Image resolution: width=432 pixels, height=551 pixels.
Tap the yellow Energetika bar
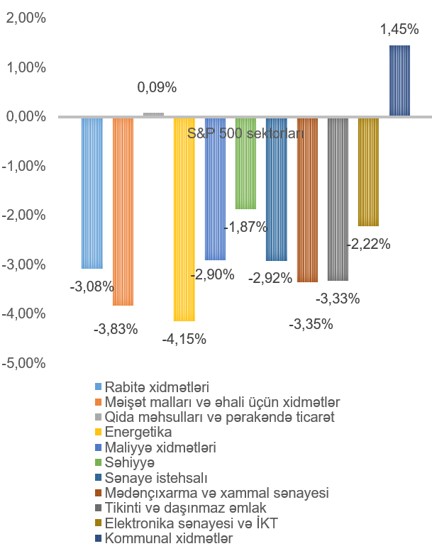(184, 219)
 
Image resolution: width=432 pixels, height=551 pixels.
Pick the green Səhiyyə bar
(245, 163)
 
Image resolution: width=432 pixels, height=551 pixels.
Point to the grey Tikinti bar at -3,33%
(338, 199)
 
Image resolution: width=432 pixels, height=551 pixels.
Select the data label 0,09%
(156, 88)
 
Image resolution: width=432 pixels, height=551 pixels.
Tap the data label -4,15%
(184, 339)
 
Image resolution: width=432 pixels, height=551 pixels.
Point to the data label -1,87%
(245, 227)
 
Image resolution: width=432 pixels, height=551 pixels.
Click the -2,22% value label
(368, 244)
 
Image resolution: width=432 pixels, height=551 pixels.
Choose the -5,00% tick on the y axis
(25, 363)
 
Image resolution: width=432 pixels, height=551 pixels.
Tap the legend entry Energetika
(138, 432)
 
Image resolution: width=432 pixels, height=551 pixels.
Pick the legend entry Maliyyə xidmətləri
(160, 447)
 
